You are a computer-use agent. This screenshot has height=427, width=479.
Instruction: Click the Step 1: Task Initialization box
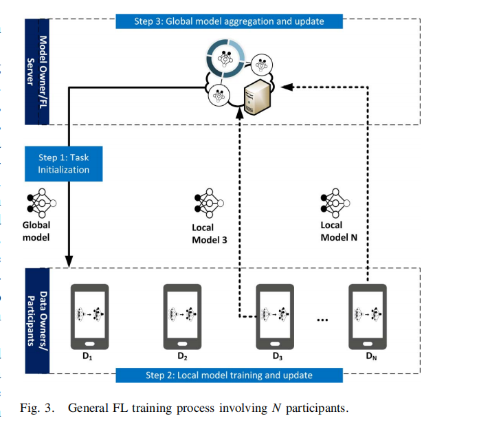click(64, 164)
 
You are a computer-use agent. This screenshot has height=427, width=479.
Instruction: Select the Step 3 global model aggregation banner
click(229, 21)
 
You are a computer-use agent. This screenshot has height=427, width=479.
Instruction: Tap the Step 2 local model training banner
click(229, 375)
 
